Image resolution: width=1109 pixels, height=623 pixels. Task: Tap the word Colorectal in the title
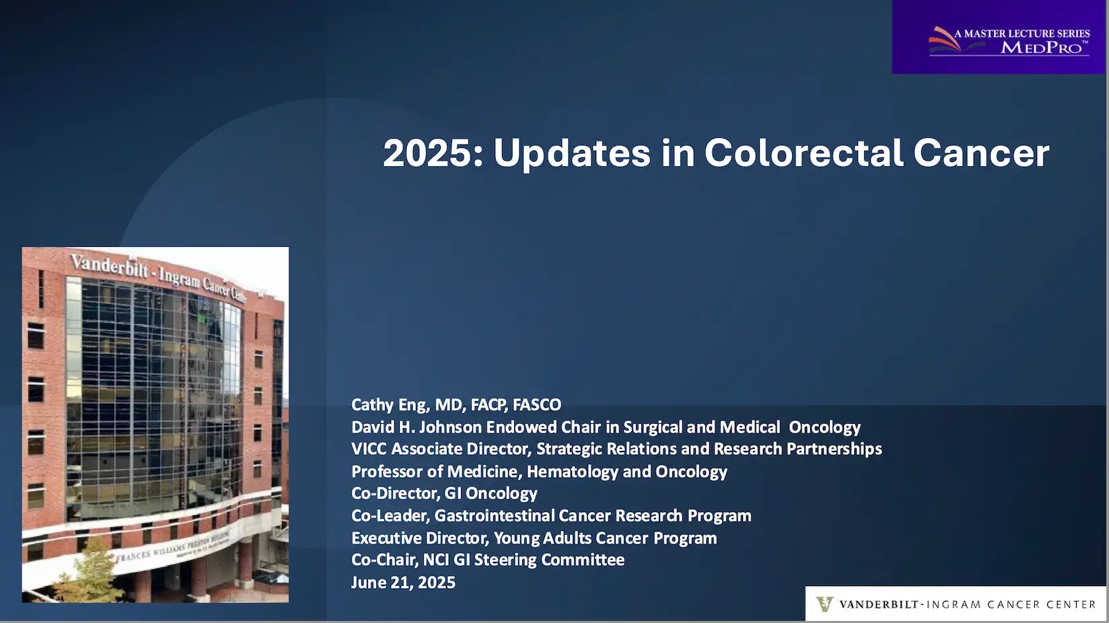[803, 153]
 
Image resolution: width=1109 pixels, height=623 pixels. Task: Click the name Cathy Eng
[388, 404]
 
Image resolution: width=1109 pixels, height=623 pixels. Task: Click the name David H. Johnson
[416, 427]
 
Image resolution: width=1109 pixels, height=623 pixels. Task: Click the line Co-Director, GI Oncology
[444, 493]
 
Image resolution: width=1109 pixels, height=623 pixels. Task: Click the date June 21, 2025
[403, 582]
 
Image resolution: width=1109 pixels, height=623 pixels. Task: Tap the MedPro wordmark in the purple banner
[1042, 47]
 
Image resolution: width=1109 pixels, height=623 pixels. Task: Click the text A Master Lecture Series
[1022, 33]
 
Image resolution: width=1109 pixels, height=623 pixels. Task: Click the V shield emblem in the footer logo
[824, 603]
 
